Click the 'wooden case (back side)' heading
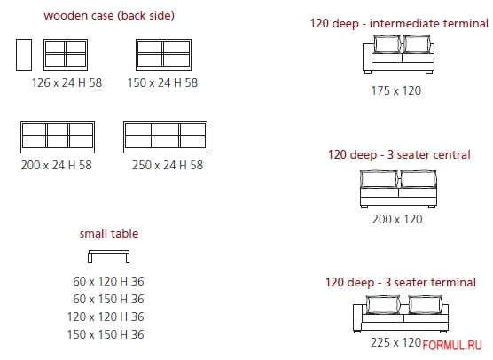point(109,16)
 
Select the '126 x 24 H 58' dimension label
point(67,82)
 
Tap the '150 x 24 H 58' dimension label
point(162,82)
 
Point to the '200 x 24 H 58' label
point(57,165)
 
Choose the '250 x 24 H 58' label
point(168,165)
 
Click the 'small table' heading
point(109,233)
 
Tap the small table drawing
point(109,252)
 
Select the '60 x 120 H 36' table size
point(108,281)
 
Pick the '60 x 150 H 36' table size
point(108,299)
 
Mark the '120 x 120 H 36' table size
point(106,317)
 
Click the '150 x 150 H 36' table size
point(106,334)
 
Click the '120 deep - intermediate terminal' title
point(399,24)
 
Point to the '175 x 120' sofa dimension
point(396,90)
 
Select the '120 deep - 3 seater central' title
point(399,154)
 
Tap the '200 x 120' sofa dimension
point(397,219)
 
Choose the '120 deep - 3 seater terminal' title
point(401,282)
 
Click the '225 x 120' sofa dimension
point(395,342)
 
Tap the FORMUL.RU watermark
point(452,346)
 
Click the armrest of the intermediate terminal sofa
point(367,58)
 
